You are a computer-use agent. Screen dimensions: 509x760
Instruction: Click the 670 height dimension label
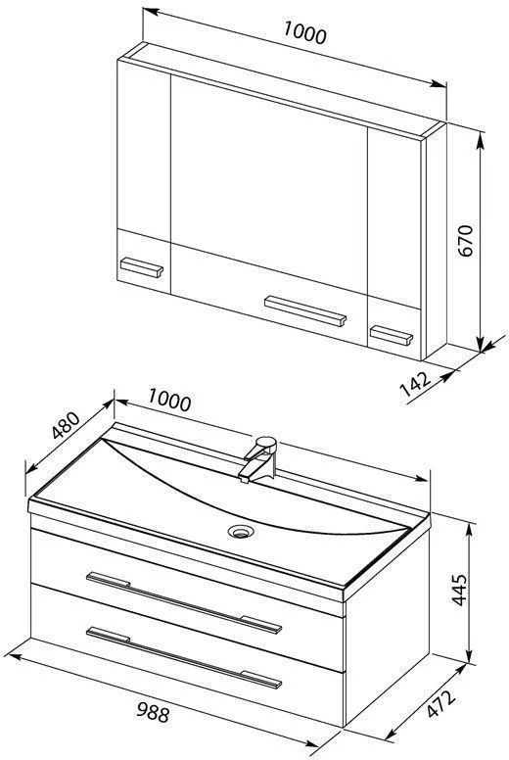pos(464,241)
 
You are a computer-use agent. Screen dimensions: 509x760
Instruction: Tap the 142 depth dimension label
pos(416,384)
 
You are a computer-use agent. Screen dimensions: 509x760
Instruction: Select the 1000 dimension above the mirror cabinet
pos(304,33)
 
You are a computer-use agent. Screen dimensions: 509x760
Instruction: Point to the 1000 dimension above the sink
pos(169,401)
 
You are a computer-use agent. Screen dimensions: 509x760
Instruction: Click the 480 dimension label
pos(66,426)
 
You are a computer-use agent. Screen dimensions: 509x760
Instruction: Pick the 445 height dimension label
pos(459,590)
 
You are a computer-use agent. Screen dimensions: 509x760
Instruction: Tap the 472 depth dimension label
pos(441,704)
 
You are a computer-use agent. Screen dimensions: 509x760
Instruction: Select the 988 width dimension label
pos(152,712)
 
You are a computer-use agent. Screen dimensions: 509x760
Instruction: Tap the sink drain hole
pos(240,531)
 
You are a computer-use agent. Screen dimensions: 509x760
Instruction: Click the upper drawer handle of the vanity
pos(184,602)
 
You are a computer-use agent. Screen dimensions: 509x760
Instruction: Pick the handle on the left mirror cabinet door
pos(141,267)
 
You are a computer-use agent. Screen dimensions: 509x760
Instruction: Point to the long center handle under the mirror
pos(305,310)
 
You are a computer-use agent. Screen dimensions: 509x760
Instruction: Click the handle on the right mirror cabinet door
pos(392,335)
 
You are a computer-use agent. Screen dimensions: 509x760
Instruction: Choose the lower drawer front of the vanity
pos(187,655)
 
